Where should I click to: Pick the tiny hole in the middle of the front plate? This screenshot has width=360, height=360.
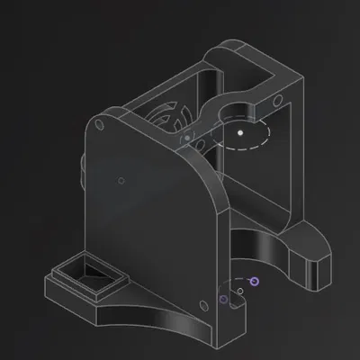pyautogui.click(x=121, y=179)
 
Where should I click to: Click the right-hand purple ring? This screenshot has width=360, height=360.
pyautogui.click(x=255, y=282)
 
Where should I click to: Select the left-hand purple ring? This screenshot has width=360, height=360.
pyautogui.click(x=223, y=300)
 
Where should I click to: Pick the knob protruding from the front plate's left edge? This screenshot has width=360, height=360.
pyautogui.click(x=82, y=166)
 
